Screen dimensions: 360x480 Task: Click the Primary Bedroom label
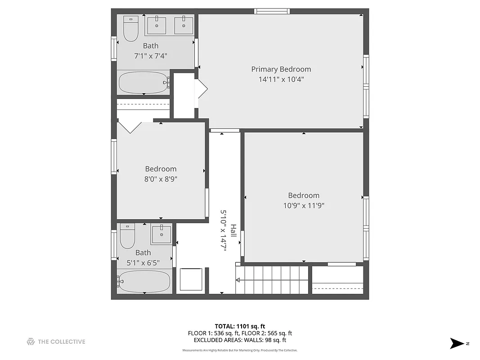coord(281,69)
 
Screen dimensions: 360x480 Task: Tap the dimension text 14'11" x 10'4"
coord(281,80)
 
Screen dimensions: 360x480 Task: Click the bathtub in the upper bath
coord(143,83)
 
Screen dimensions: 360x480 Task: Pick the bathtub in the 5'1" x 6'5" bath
coord(144,281)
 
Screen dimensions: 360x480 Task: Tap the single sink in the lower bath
coord(161,234)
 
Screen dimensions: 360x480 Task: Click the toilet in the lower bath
coord(127,237)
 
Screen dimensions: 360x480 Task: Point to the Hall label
coord(233,231)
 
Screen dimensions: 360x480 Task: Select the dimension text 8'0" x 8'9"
coord(161,179)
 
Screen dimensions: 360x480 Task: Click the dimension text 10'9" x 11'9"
coord(304,206)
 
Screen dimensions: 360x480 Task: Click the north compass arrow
coord(457,343)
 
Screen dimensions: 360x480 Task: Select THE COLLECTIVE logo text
coord(61,342)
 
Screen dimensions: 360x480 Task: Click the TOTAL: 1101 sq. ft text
coord(240,326)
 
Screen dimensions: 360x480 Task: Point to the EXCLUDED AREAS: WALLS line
coord(240,340)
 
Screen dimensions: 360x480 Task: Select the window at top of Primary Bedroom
coord(271,11)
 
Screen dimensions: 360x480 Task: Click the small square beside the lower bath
coord(191,279)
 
